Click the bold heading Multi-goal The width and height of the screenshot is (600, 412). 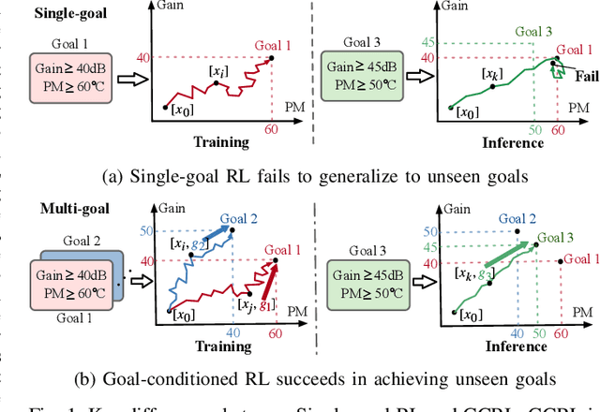point(42,211)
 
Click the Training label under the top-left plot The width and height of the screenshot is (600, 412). point(221,142)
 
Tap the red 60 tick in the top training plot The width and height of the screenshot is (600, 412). point(273,128)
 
